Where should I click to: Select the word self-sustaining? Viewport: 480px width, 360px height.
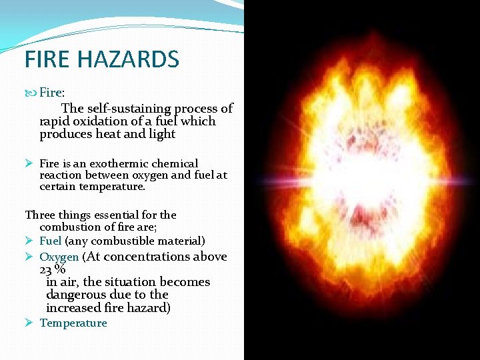[127, 108]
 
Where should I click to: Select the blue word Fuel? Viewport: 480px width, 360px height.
[51, 241]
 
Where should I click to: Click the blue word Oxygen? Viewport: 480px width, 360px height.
[59, 257]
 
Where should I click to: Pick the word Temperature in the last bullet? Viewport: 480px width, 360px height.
[73, 323]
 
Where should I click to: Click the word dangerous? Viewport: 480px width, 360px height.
[73, 295]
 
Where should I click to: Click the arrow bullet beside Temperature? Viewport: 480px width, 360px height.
[30, 323]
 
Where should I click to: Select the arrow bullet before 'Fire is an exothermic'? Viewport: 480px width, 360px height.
[30, 163]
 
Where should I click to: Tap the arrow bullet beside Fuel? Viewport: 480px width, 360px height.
[30, 241]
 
